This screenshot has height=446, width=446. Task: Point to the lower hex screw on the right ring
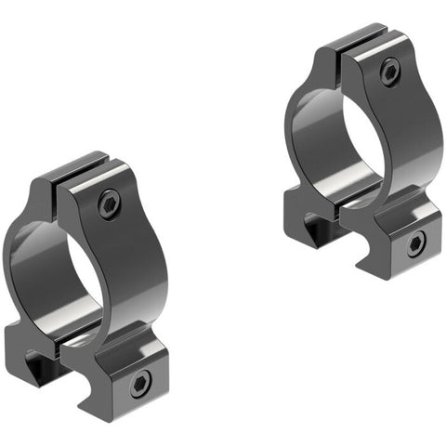413,244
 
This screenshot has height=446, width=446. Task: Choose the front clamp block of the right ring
400,237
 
